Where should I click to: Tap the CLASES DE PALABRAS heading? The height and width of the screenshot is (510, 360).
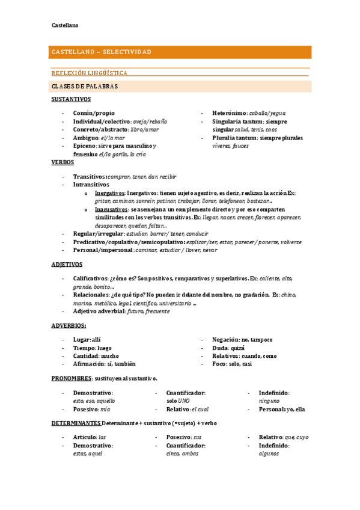click(x=85, y=87)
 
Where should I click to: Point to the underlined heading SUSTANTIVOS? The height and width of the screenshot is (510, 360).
click(x=70, y=99)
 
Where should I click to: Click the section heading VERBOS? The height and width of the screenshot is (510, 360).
click(x=63, y=162)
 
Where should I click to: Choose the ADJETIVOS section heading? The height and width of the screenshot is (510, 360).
click(x=67, y=265)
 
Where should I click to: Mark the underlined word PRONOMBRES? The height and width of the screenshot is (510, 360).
click(x=71, y=378)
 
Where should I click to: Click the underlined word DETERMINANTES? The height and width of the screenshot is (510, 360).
click(x=76, y=423)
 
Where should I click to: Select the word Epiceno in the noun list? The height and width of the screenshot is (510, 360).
click(x=85, y=146)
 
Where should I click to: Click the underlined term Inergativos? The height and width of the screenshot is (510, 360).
click(x=110, y=193)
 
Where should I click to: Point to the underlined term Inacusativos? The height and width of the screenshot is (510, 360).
click(x=111, y=209)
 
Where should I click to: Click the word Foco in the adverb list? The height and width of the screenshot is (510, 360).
click(x=219, y=364)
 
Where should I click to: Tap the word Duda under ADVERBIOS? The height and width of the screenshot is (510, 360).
click(x=219, y=348)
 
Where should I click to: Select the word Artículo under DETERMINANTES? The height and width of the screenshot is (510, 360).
click(x=85, y=437)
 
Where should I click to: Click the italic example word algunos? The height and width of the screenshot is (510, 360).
click(x=269, y=453)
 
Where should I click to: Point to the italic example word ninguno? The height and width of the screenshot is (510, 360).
click(x=269, y=401)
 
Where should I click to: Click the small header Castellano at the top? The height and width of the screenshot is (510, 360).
click(x=64, y=25)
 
